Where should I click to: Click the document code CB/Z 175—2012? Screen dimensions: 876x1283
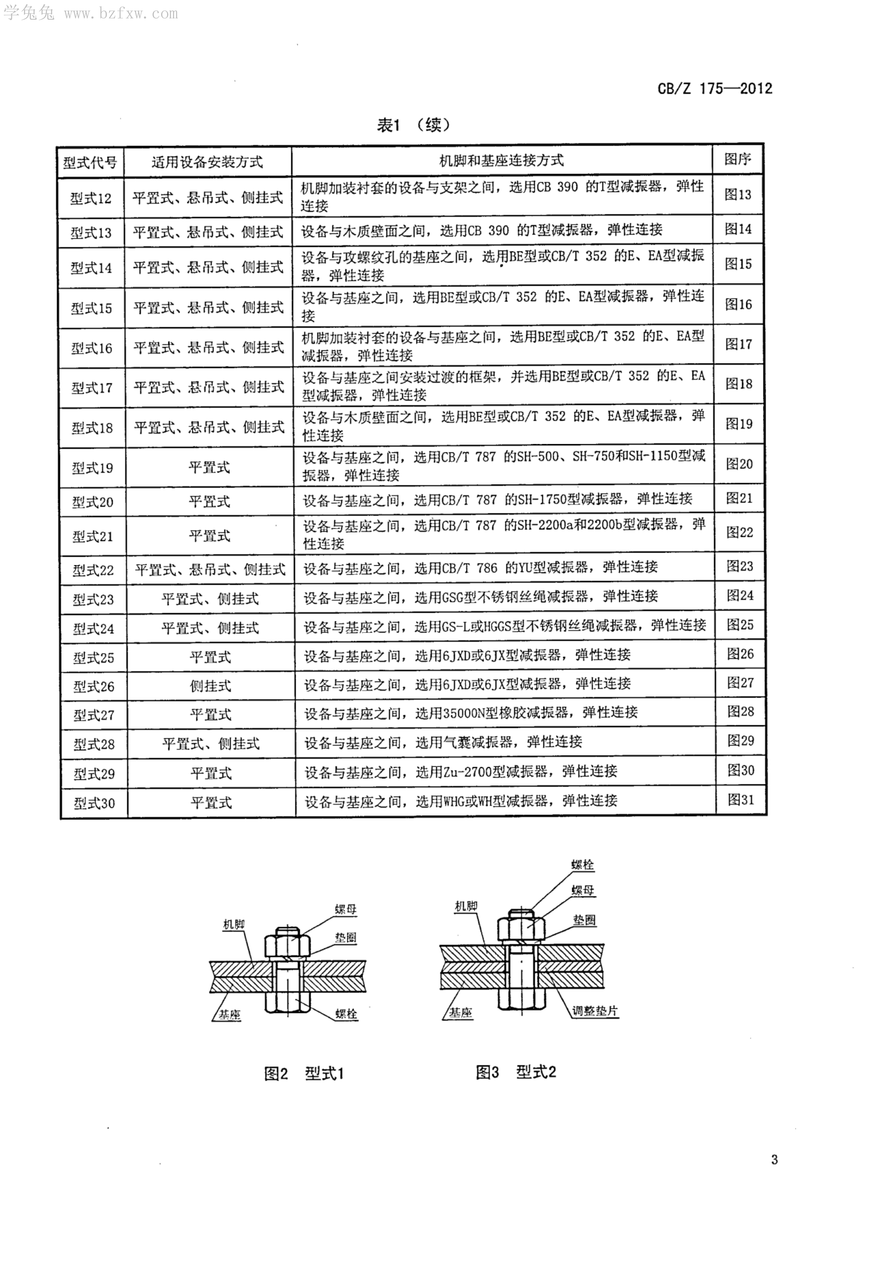[715, 88]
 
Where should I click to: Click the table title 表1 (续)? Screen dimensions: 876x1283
[413, 125]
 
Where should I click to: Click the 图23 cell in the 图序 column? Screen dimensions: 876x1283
[740, 566]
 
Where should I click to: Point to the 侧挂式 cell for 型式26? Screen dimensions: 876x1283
[210, 686]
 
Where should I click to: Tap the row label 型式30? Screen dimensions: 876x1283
[94, 803]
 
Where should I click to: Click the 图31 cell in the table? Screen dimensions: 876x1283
[741, 799]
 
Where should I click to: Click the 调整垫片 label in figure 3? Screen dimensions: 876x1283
[595, 1011]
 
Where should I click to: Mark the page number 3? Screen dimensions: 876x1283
[774, 1159]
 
